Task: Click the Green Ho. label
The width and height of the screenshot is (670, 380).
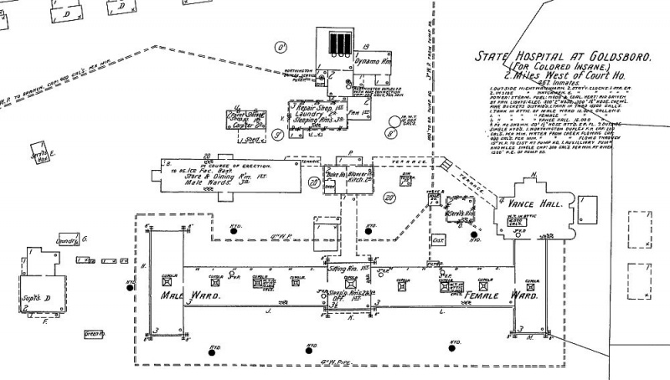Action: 94,334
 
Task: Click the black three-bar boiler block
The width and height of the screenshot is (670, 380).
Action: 339,43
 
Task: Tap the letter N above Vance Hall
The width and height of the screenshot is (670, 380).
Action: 533,176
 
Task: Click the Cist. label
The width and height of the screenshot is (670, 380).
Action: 436,239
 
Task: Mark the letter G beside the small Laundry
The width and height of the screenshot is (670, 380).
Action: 84,239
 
